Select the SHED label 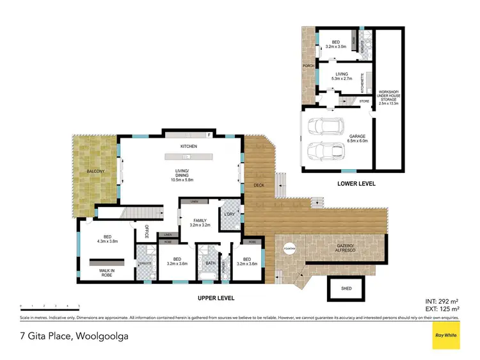346,289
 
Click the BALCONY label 97,172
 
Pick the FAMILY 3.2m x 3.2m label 198,222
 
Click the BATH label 210,263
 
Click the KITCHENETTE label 363,83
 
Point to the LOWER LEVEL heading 356,184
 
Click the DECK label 259,185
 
